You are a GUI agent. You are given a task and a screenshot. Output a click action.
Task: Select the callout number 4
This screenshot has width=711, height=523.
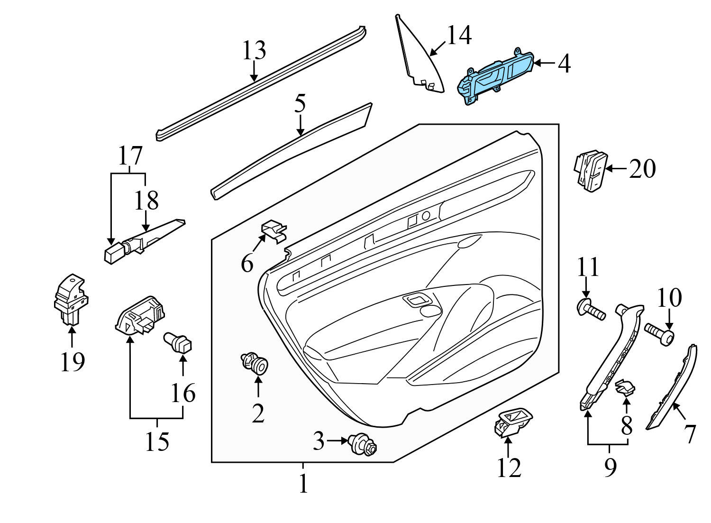point(564,64)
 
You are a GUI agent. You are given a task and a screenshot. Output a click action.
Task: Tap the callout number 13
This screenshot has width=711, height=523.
point(254,50)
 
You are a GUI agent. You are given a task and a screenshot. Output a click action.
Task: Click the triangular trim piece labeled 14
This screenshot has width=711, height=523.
point(419,59)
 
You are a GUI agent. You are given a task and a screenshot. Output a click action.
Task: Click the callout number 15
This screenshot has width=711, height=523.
point(157,441)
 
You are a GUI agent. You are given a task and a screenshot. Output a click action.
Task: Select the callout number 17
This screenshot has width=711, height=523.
point(130,156)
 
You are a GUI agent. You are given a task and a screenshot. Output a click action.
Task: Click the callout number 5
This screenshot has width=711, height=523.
point(300,104)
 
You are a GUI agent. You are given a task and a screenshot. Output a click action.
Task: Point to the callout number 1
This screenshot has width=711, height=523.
point(303,484)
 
